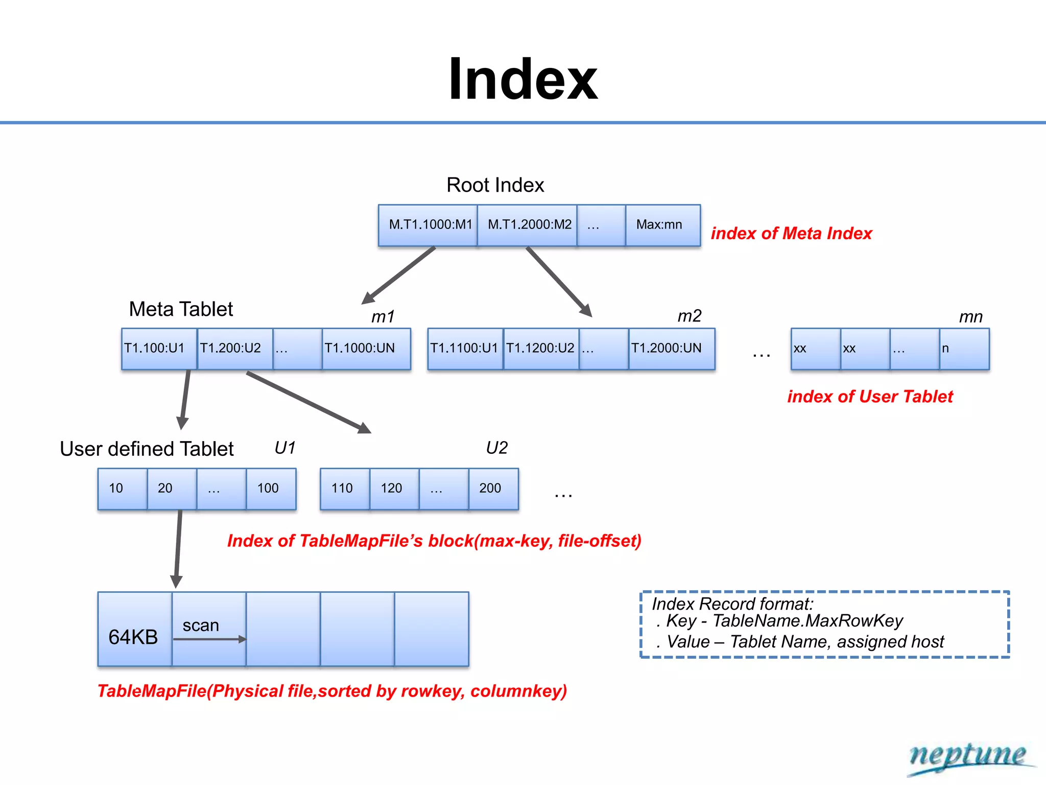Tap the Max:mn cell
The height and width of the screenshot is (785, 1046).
(662, 225)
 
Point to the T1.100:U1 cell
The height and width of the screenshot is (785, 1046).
(158, 349)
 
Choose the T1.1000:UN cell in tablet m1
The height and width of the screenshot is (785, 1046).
(366, 349)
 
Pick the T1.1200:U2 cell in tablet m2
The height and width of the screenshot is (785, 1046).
(541, 349)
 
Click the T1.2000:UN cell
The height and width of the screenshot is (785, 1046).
(671, 349)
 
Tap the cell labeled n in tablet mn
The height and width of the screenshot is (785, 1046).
(963, 349)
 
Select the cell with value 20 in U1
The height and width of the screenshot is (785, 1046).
(171, 489)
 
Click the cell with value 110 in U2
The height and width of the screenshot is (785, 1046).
(344, 489)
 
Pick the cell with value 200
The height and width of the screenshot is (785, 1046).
(492, 489)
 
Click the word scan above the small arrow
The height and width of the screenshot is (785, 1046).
(201, 626)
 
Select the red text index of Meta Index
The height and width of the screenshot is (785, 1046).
(791, 234)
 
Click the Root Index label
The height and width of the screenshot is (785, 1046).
(495, 185)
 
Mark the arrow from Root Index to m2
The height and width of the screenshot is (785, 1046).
(559, 282)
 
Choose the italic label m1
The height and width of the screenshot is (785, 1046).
(383, 317)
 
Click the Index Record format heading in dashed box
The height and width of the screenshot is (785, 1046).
(732, 604)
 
